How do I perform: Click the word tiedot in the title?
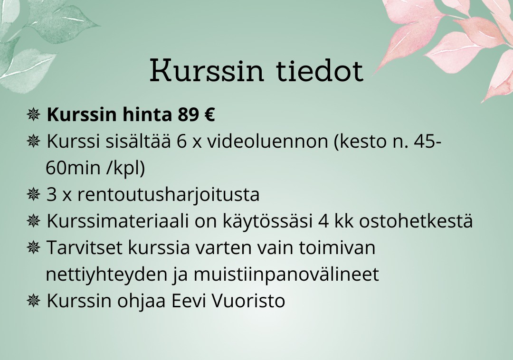320,70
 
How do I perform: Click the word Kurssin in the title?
207,70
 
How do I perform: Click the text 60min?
73,168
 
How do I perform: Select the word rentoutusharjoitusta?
169,195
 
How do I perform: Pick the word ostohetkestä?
416,221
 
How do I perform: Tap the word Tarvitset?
85,247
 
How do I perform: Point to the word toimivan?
337,247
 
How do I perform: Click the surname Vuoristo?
248,301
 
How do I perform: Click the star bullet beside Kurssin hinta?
33,114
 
